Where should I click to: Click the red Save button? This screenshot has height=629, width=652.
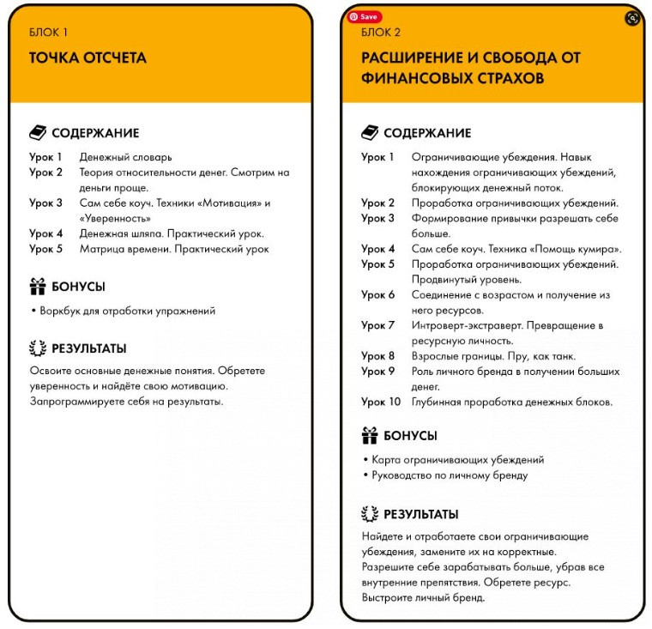[x=365, y=16]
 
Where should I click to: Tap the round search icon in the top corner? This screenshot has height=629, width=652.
[x=632, y=18]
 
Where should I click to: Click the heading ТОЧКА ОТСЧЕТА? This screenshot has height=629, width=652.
[x=88, y=58]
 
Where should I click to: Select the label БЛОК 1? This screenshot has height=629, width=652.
[x=48, y=33]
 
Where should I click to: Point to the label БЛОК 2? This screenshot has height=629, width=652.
[x=380, y=33]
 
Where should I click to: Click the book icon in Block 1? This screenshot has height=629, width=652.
[x=38, y=133]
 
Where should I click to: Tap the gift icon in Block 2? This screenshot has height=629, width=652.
[x=370, y=435]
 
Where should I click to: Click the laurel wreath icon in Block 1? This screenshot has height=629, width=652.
[x=38, y=348]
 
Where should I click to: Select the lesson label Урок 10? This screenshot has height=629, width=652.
[x=381, y=402]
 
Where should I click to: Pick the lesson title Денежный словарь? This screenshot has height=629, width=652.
[x=125, y=157]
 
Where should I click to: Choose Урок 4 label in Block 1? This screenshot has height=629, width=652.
[x=45, y=233]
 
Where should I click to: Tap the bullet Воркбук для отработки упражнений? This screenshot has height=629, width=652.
[x=125, y=311]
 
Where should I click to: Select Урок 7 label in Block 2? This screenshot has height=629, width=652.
[x=377, y=325]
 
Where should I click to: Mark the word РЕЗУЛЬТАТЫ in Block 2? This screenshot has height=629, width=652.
[x=420, y=515]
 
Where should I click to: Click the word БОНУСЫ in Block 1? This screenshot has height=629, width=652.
[x=78, y=287]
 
